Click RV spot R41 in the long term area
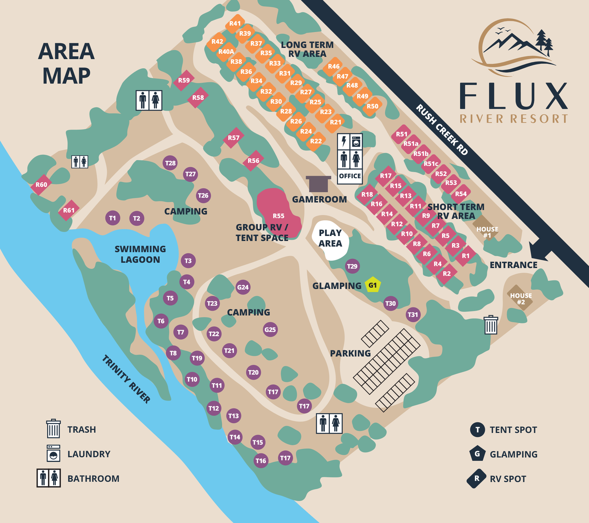click(x=235, y=24)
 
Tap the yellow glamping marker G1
click(x=373, y=285)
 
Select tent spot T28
click(x=170, y=163)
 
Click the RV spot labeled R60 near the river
click(x=41, y=185)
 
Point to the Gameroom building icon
click(x=318, y=183)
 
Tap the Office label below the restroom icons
click(x=350, y=176)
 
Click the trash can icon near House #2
click(x=491, y=325)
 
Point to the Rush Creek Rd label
click(x=442, y=130)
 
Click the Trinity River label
click(x=126, y=379)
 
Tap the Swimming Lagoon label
click(x=140, y=254)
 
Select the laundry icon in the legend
click(x=53, y=453)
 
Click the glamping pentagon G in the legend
click(x=477, y=454)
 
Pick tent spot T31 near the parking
click(x=413, y=315)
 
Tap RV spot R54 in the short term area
click(x=461, y=194)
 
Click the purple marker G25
click(x=270, y=329)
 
